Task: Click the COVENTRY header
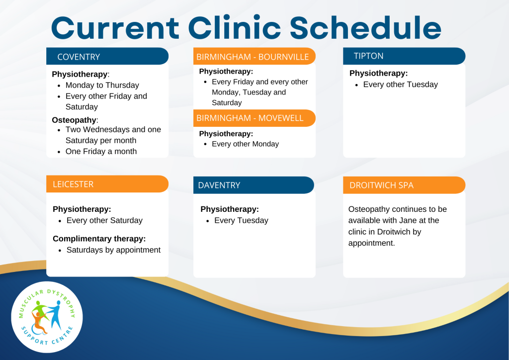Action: coord(79,57)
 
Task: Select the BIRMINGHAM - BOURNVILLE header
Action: coord(253,57)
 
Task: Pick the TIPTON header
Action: coord(368,56)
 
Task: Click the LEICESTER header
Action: coord(73,184)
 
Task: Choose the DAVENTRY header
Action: coord(219,185)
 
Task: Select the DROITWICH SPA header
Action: coord(381,185)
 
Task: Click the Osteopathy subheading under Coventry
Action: coord(74,120)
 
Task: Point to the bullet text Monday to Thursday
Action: coord(102,85)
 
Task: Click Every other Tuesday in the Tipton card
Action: coord(400,85)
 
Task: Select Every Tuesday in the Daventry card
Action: coord(241,220)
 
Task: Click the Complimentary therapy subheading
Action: coord(99,239)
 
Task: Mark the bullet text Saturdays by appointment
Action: coord(113,250)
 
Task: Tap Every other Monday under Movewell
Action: coord(245,144)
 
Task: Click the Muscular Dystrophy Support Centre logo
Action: coord(47,317)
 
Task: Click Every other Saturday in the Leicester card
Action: coord(104,220)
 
